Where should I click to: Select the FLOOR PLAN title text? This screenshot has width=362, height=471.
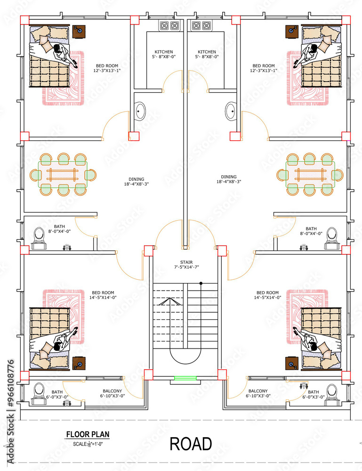pos(88,435)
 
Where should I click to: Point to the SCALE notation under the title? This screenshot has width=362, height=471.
pos(88,444)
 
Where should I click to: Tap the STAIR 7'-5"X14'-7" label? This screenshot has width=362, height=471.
pos(185,265)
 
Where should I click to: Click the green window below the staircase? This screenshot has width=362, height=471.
pos(185,378)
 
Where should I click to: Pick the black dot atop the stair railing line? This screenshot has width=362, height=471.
pos(201,283)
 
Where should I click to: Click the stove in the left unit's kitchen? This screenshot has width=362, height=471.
pos(167,26)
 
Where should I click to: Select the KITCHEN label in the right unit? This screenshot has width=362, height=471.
pos(207,54)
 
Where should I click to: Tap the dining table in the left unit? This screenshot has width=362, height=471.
pos(63,175)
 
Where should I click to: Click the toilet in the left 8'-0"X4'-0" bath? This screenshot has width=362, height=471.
pos(40,237)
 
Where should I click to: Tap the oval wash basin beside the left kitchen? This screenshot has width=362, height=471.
pos(140,112)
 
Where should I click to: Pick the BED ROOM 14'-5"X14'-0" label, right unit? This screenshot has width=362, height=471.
pos(267,295)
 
